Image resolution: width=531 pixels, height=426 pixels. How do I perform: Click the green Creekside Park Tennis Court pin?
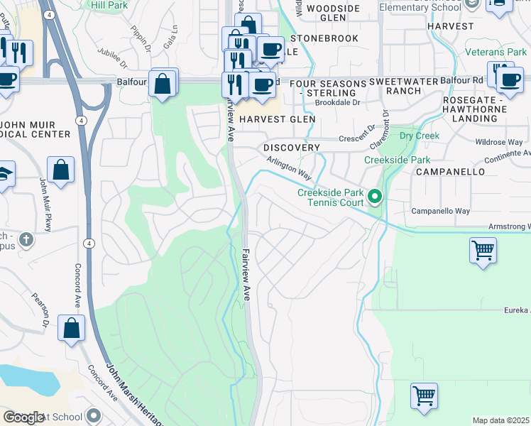coord(376,196)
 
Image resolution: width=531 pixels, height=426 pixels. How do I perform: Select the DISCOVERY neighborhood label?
coord(292,147)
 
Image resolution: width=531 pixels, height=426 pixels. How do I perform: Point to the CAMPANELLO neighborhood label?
coord(450,172)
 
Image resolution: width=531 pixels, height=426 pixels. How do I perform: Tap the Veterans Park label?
coord(496,52)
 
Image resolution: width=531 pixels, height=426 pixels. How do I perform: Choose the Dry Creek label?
coord(420,136)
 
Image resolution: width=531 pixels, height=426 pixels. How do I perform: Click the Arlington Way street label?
coord(289,169)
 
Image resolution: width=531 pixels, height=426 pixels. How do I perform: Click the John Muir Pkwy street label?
coord(45,199)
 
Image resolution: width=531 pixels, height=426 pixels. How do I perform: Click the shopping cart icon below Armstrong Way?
coord(483,251)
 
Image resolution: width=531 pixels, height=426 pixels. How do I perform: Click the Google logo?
coord(23,417)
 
